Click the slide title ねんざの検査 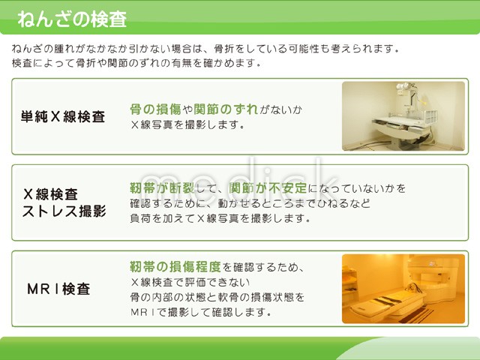click(72, 19)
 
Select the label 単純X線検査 click(63, 117)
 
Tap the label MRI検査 click(58, 289)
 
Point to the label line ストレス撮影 click(64, 211)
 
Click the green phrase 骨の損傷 click(156, 109)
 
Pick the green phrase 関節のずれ click(226, 109)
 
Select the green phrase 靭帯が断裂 click(162, 188)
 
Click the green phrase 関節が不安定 click(268, 188)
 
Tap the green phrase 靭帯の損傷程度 click(175, 267)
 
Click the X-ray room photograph click(403, 116)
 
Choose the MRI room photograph click(403, 289)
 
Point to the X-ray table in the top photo click(401, 127)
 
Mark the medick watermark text click(239, 178)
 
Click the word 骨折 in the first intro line click(224, 49)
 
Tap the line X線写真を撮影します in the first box click(187, 125)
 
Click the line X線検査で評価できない click(190, 282)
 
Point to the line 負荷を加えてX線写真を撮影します click(220, 218)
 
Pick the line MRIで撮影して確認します click(201, 312)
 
